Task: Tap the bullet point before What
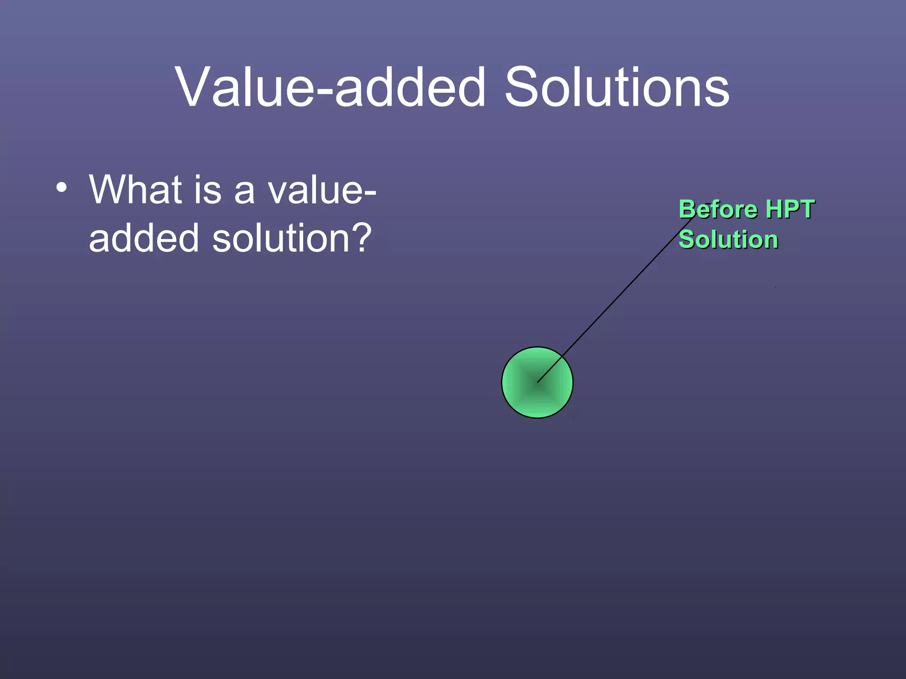[x=61, y=187]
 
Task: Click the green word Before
[x=718, y=209]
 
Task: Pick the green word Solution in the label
[x=728, y=240]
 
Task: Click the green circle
[x=518, y=398]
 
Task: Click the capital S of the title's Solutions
[x=522, y=87]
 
